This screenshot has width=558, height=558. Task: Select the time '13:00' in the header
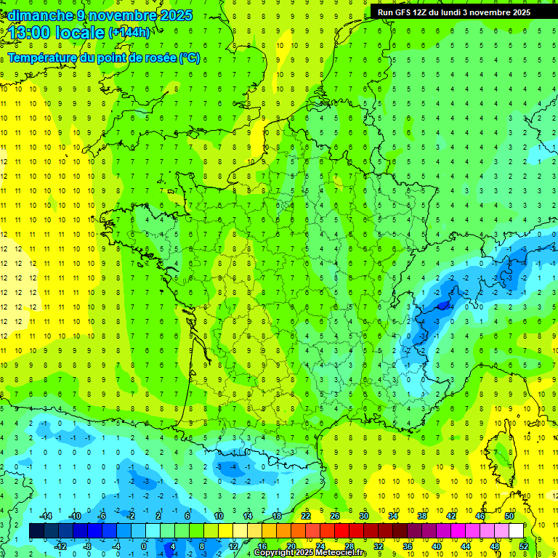click(x=33, y=33)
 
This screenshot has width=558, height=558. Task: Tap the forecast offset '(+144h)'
click(x=129, y=33)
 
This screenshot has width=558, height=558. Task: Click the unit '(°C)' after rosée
click(x=189, y=58)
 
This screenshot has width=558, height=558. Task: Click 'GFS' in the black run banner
click(x=407, y=12)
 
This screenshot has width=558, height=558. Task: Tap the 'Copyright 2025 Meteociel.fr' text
click(x=310, y=553)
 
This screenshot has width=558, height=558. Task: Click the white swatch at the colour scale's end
click(x=517, y=531)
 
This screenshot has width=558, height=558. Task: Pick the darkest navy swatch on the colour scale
click(x=36, y=531)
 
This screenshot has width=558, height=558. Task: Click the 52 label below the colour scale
click(x=524, y=546)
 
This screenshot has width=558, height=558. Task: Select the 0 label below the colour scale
click(x=144, y=546)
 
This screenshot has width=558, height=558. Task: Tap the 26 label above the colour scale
click(x=335, y=516)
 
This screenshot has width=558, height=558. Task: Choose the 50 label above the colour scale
click(x=509, y=516)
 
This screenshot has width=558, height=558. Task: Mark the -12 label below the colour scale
click(x=61, y=546)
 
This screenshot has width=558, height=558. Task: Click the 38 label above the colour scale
click(x=422, y=516)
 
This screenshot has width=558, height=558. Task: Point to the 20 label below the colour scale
click(x=291, y=546)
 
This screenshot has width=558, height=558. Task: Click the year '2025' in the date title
click(x=176, y=15)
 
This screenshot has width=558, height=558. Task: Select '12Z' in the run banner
click(x=430, y=12)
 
